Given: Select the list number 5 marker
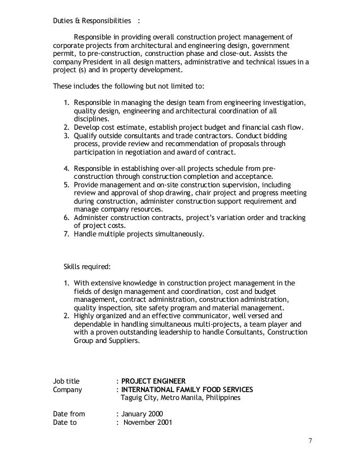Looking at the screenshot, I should [x=66, y=184].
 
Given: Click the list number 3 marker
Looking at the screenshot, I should [x=66, y=136].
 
